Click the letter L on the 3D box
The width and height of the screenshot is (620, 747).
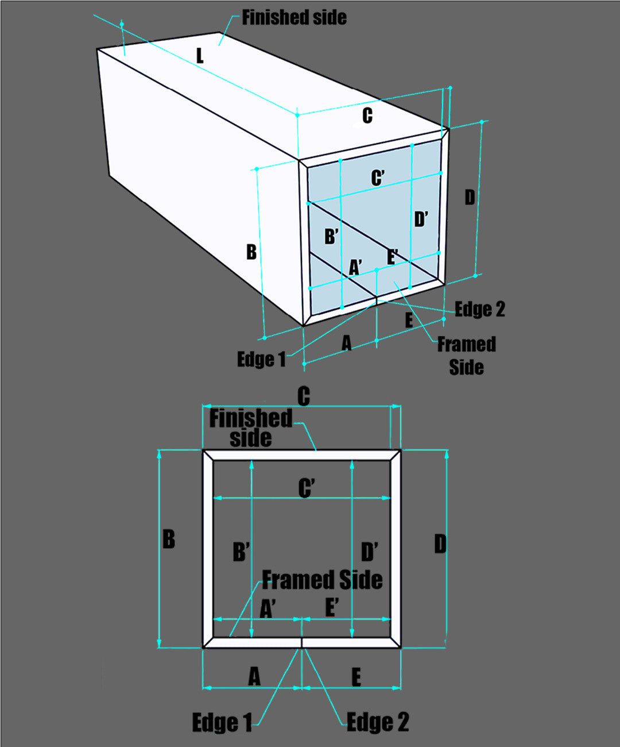point(200,56)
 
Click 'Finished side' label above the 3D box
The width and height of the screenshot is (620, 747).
point(294,18)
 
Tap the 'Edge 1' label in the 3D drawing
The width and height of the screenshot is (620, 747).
point(261,360)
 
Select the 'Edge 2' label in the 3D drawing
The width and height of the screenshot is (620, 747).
point(480,309)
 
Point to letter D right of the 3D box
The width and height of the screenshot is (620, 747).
point(470,198)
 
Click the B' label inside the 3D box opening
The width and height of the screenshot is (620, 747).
point(331,236)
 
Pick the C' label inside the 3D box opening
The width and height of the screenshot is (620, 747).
point(377,178)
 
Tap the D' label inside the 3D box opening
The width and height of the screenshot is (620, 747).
point(421,219)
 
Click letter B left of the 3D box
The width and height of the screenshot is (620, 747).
point(251,252)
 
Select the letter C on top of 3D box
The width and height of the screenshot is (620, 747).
point(367,115)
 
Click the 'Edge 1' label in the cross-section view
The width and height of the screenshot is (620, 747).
point(222,722)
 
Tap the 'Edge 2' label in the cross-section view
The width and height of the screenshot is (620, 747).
point(378,722)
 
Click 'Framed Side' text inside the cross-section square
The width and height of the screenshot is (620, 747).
point(322,580)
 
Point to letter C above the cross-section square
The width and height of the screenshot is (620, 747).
point(304,396)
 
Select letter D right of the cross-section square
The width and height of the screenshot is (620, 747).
point(440,544)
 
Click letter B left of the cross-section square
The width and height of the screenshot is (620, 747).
point(169,539)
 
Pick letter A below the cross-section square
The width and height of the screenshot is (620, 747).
point(254,677)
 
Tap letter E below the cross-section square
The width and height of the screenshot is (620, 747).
point(356,677)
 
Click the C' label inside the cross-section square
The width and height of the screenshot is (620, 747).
point(306,488)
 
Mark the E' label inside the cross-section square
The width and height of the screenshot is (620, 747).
point(332,607)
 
